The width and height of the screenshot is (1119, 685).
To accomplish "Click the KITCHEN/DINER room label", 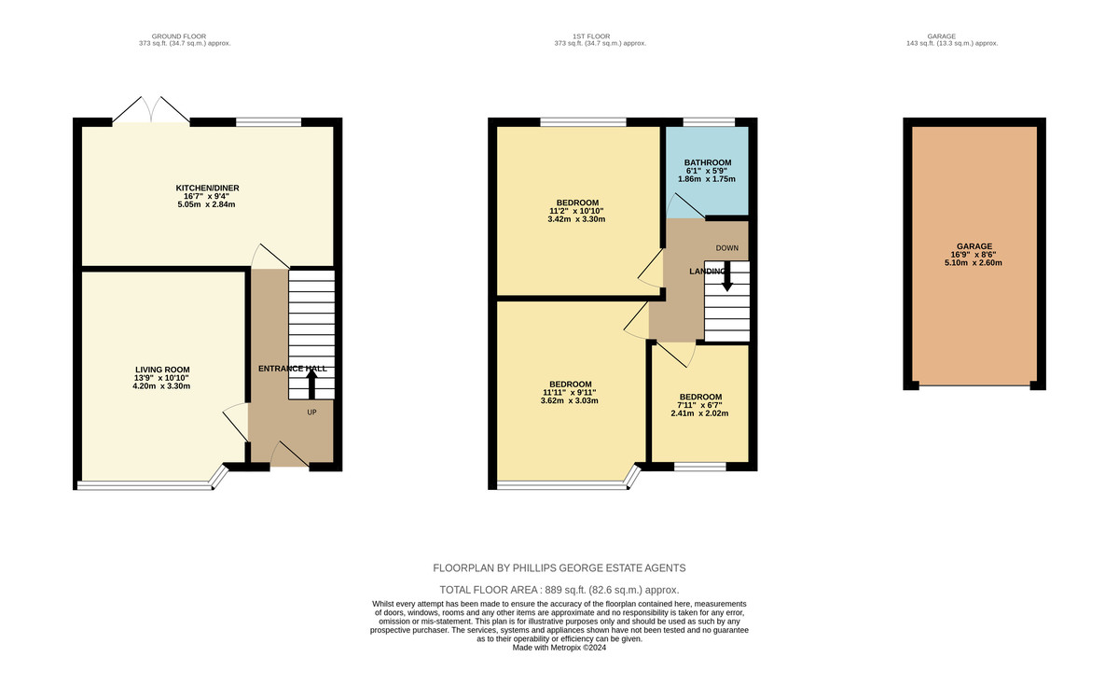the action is coord(207,188).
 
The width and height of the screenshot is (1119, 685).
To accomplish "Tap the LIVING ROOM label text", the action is coord(162,370).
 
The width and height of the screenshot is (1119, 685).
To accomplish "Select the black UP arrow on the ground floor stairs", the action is coord(311,384).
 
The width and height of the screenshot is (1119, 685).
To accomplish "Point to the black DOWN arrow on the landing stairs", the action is coord(727,276).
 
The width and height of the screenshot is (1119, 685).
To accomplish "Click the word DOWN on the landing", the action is coord(726,248).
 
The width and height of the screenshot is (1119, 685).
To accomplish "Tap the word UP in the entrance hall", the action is coord(311,412).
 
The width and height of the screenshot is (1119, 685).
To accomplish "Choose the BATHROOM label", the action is coord(708,162).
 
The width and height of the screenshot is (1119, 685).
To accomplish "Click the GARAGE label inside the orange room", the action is coord(974,246).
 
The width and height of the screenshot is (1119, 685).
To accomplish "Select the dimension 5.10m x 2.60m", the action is coord(974,262).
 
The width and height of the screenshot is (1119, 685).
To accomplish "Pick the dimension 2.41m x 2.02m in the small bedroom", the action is coord(699,413).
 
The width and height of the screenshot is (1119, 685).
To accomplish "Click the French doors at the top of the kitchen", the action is coord(151,110).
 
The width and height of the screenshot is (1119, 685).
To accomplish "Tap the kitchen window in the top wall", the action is coord(269,122).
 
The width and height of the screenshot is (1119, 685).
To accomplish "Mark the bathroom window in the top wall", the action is coord(709,122).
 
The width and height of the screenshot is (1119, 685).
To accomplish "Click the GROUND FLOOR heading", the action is coord(179,36).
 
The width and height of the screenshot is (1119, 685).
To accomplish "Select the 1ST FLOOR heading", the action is coord(591,36).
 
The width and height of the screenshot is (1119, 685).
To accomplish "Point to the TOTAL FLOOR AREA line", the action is coord(559,590).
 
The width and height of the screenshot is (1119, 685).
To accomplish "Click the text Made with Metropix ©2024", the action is coord(559,648).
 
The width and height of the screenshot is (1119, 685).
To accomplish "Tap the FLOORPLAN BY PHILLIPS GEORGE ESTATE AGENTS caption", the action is coord(559,568).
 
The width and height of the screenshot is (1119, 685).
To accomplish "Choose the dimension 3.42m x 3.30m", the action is coord(576,219).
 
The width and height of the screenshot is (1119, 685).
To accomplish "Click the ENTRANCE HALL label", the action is coord(292,369).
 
